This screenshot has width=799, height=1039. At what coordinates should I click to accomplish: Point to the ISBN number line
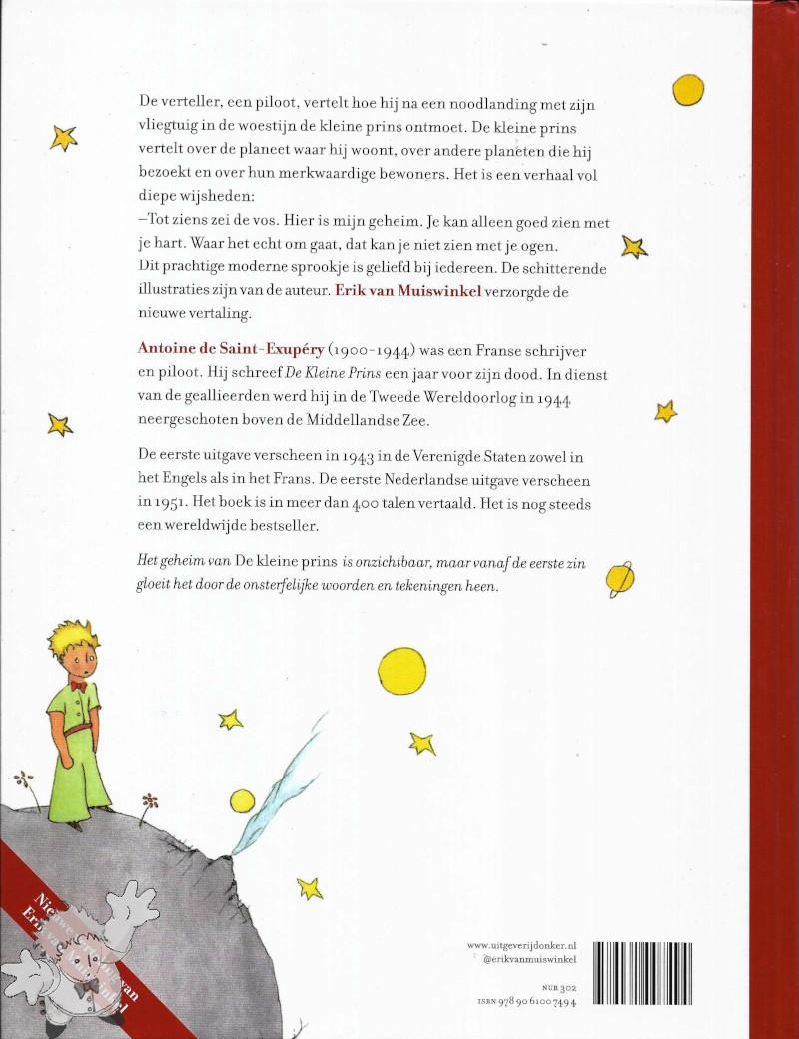click(526, 1003)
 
